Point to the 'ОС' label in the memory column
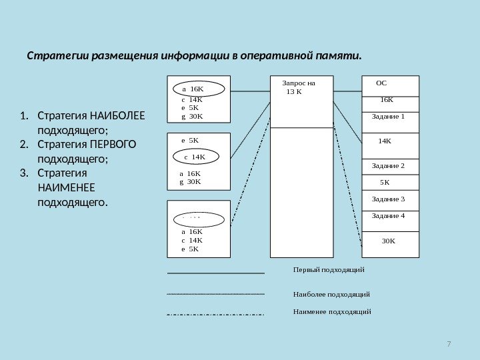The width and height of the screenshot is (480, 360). pos(381,84)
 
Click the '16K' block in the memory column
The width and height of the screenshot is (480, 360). pos(387,100)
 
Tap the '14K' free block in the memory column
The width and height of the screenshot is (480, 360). pos(385,141)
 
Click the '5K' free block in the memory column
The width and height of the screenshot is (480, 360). pos(385,181)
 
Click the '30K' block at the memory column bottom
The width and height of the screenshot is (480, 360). pos(388,241)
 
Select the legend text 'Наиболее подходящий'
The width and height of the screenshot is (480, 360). pos(331,294)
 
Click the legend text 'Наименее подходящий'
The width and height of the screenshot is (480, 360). pos(331,311)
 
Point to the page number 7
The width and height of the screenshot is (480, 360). pos(449,344)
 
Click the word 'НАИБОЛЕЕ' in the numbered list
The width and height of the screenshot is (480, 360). pos(117,115)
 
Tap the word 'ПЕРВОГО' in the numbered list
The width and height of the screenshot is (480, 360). pos(113,145)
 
